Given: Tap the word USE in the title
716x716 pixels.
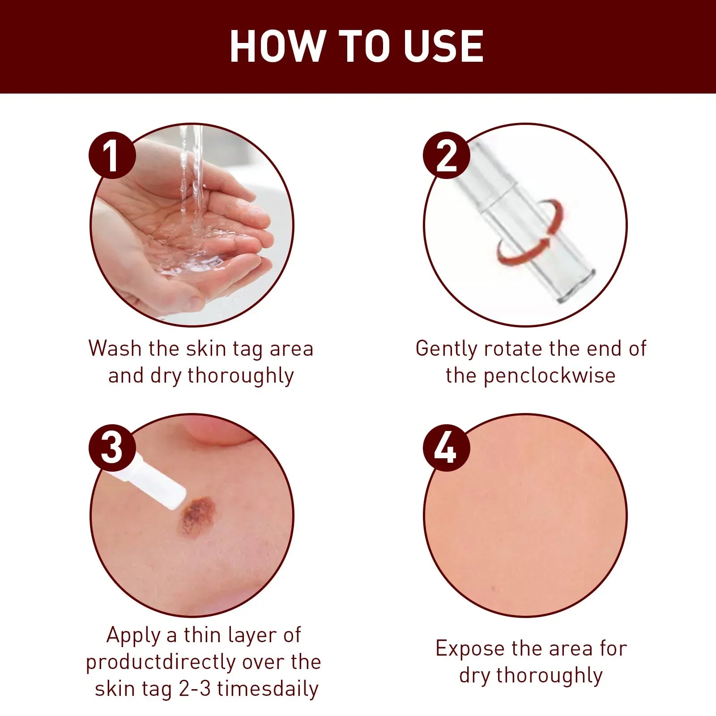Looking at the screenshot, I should [x=443, y=46].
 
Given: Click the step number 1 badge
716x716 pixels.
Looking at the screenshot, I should [x=112, y=155].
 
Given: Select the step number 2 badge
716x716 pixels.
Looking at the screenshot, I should [x=446, y=155].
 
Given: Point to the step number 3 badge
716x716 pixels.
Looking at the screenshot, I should [x=112, y=447].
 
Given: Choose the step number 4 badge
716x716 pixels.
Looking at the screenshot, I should [x=446, y=447].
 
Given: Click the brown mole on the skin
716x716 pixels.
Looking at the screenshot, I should [x=197, y=516].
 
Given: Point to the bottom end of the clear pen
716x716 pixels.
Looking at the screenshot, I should [x=577, y=293].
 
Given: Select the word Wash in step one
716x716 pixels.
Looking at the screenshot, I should [x=115, y=348].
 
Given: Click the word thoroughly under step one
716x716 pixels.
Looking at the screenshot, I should [x=240, y=376].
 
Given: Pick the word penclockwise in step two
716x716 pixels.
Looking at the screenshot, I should [x=549, y=376].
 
